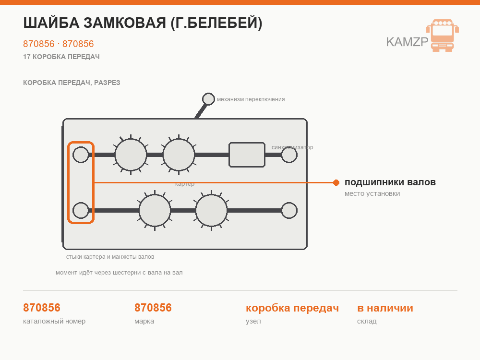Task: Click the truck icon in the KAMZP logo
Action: (x=443, y=35)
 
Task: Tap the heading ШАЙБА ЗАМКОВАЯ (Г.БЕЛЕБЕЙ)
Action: (x=143, y=23)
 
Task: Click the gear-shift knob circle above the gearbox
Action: (x=208, y=99)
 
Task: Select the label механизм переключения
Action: (x=251, y=99)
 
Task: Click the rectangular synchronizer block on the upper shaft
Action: (x=247, y=155)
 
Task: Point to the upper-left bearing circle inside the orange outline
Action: (x=81, y=155)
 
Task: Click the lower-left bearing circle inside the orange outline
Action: (x=81, y=210)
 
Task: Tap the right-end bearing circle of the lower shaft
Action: (x=289, y=210)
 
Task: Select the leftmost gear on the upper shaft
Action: (x=131, y=155)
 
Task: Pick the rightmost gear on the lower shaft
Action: (x=211, y=210)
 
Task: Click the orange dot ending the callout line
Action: (x=336, y=183)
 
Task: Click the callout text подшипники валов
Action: (x=390, y=182)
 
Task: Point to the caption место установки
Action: (x=372, y=193)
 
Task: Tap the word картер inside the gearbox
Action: (x=185, y=184)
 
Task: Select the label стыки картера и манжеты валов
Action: (x=110, y=257)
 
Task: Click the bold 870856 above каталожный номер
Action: (x=42, y=308)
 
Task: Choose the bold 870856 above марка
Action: (x=153, y=308)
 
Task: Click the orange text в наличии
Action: (x=385, y=308)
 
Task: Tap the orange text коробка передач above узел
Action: (x=292, y=308)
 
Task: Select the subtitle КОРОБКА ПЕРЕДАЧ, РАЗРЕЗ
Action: (x=72, y=83)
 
